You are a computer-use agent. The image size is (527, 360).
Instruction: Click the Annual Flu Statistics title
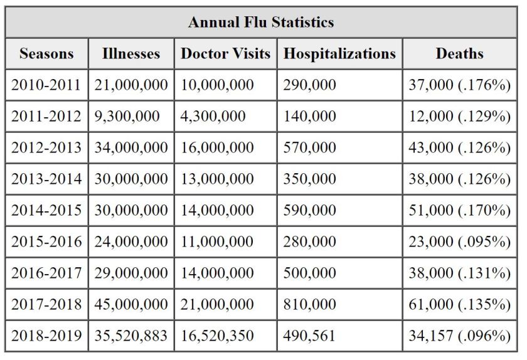click(x=261, y=23)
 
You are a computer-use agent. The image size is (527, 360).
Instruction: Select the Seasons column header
click(x=46, y=54)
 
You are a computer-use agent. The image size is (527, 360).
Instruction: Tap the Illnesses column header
click(x=130, y=54)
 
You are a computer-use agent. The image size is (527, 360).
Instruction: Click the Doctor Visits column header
click(x=225, y=54)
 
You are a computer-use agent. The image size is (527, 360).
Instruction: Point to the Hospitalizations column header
click(x=339, y=54)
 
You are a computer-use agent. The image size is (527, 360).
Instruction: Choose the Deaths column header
click(x=459, y=54)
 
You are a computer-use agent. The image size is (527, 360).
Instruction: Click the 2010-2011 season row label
click(x=46, y=85)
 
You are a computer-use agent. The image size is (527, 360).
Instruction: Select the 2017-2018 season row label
click(x=46, y=304)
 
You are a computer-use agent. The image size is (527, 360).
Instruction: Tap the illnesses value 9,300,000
click(x=127, y=116)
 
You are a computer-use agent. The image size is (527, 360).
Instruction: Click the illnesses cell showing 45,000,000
click(x=131, y=304)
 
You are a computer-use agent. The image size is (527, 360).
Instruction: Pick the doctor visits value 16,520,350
click(x=218, y=336)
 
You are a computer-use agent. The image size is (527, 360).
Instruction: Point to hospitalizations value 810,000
click(x=310, y=304)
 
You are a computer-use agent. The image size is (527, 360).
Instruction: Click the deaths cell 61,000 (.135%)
click(x=459, y=304)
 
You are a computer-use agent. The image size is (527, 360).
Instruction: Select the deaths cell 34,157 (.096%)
click(x=459, y=336)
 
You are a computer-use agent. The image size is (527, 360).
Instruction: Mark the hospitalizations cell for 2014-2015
click(x=310, y=210)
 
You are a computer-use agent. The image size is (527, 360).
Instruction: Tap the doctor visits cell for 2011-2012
click(x=213, y=116)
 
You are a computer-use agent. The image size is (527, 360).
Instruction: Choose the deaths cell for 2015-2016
click(x=459, y=241)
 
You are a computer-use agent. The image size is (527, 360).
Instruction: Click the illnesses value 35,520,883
click(x=131, y=336)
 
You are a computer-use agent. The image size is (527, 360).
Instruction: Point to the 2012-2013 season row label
click(x=46, y=147)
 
